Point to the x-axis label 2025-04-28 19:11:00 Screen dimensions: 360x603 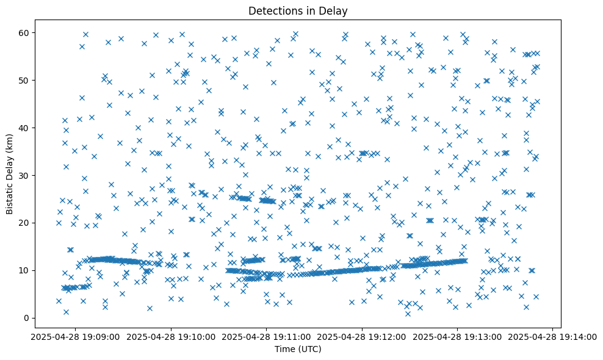click(x=266, y=336)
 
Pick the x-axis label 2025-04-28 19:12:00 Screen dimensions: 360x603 click(x=362, y=336)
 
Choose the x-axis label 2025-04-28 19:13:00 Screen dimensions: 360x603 click(x=458, y=336)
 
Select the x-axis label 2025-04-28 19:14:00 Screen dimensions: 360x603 click(x=553, y=336)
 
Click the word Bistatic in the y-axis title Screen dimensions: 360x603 click(x=10, y=194)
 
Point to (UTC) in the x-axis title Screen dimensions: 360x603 click(x=313, y=349)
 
